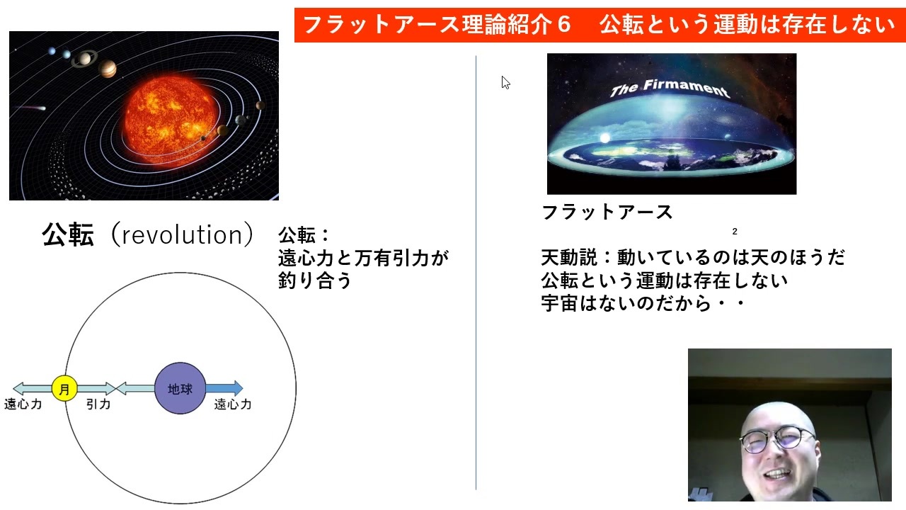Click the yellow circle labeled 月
point(64,389)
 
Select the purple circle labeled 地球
point(180,388)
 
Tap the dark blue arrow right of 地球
point(224,388)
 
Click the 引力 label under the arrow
point(98,404)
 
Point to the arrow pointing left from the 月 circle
point(33,389)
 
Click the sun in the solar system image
point(170,120)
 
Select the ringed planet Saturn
point(84,59)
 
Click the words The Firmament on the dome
point(670,89)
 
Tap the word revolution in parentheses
point(182,234)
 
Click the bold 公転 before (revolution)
point(68,234)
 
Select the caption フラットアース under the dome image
point(607,212)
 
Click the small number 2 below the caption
point(735,232)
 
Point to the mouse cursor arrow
point(505,83)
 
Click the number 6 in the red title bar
point(563,24)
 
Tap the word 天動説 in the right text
point(569,257)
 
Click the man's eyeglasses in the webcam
point(776,439)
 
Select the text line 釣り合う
point(315,280)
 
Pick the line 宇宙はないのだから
point(626,304)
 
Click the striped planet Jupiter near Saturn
point(108,69)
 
